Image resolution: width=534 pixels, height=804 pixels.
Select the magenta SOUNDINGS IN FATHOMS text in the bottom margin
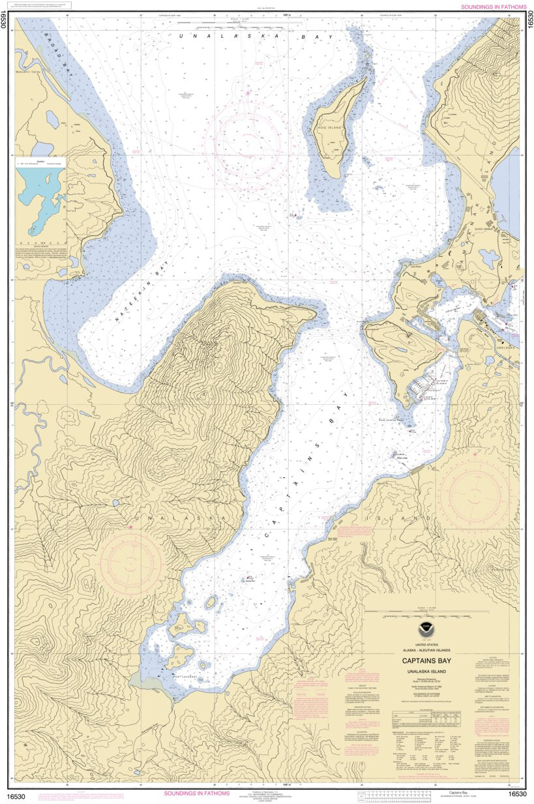coord(196,794)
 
